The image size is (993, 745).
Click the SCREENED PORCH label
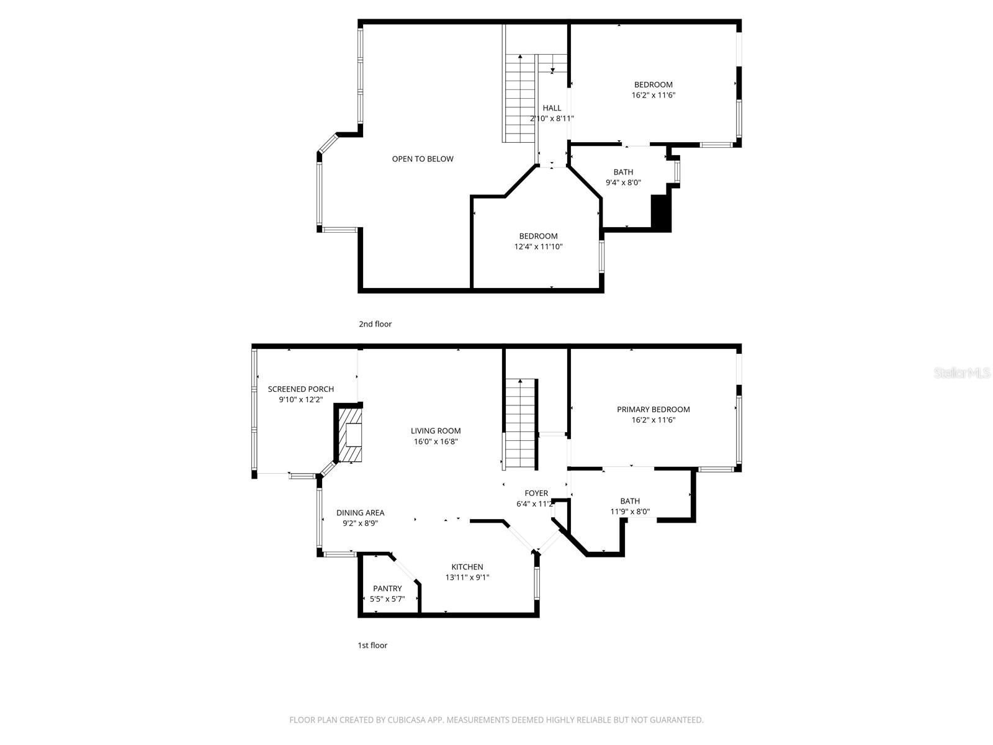click(300, 389)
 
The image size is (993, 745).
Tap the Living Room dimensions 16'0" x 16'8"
click(436, 442)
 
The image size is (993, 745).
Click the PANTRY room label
click(387, 589)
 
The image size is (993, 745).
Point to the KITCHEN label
click(467, 567)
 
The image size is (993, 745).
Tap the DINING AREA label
click(360, 513)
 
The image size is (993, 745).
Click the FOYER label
click(536, 494)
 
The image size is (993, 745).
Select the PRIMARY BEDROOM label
click(653, 409)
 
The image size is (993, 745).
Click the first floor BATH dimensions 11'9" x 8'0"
click(630, 512)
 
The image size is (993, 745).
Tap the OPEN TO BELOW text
click(423, 159)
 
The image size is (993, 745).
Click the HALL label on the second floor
click(552, 108)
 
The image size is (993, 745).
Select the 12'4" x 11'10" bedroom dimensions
click(538, 246)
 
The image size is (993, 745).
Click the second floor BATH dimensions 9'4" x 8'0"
click(623, 183)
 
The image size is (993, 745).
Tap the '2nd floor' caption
click(375, 324)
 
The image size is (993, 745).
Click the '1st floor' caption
click(372, 646)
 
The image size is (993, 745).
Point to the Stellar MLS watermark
click(963, 372)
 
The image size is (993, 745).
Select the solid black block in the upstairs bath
click(660, 213)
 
